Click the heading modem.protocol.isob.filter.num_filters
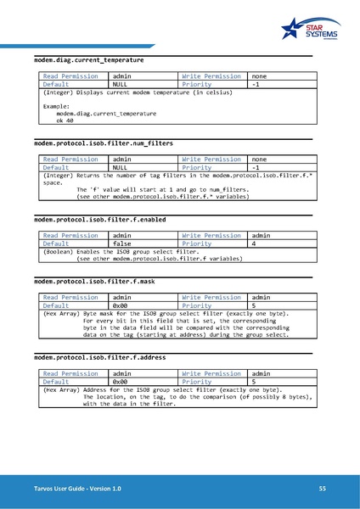103,143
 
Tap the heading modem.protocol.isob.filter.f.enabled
99,219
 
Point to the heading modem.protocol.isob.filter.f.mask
93,281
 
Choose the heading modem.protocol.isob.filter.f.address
99,357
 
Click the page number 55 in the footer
323,489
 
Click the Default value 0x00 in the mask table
120,305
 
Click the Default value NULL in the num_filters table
120,168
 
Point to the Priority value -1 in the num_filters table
256,168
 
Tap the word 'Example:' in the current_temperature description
56,106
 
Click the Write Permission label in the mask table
211,297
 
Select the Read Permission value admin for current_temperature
122,76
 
